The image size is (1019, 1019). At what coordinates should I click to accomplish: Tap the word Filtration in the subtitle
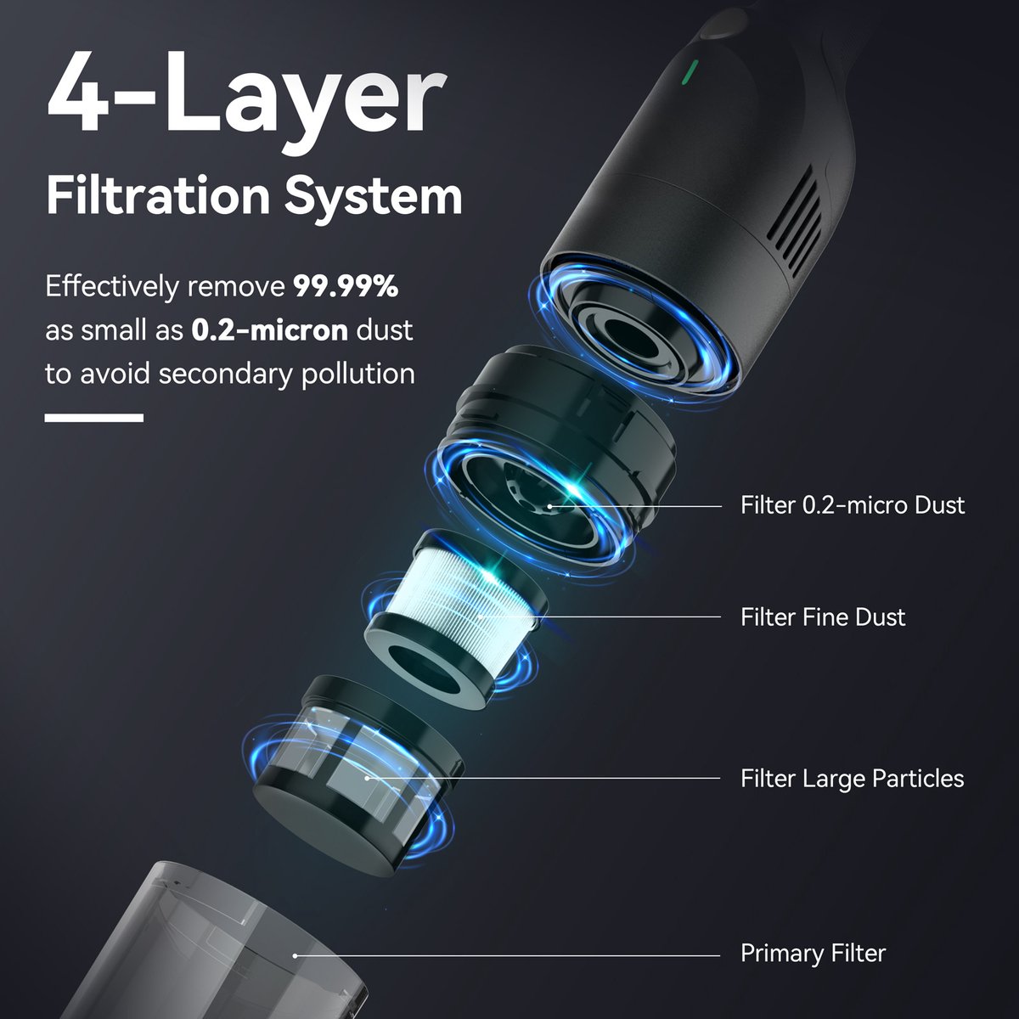pyautogui.click(x=159, y=196)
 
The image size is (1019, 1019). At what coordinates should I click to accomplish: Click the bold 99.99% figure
pyautogui.click(x=346, y=286)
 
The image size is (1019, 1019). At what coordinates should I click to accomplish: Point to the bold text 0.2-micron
pyautogui.click(x=270, y=330)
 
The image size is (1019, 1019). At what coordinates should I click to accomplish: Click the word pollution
pyautogui.click(x=358, y=374)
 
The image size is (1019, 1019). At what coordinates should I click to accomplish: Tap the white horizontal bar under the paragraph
pyautogui.click(x=94, y=418)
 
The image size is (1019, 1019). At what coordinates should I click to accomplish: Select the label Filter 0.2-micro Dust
pyautogui.click(x=853, y=505)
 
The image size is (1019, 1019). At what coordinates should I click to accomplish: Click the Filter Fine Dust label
pyautogui.click(x=823, y=617)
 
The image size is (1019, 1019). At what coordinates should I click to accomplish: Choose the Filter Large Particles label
pyautogui.click(x=852, y=779)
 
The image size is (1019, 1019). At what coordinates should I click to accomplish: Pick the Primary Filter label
pyautogui.click(x=813, y=954)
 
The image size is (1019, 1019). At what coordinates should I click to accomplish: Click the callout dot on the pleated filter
pyautogui.click(x=480, y=616)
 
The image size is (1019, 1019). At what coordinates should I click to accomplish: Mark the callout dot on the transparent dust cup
pyautogui.click(x=295, y=955)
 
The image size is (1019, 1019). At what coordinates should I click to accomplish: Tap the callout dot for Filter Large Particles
pyautogui.click(x=367, y=778)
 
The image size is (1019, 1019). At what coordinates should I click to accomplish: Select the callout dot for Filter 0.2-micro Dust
pyautogui.click(x=549, y=506)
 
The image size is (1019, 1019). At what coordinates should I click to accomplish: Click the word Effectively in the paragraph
pyautogui.click(x=112, y=287)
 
